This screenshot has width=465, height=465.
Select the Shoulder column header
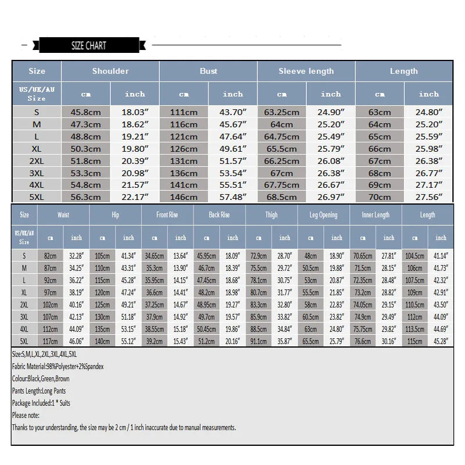point(110,71)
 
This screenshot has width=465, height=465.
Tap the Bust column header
point(208,71)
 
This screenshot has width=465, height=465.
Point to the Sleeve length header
point(306,71)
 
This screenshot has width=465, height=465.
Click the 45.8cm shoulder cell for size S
point(86,112)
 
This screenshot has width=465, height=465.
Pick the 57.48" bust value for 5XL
point(233,196)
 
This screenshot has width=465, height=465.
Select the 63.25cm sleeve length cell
point(282,112)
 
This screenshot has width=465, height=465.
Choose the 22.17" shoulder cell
point(135,196)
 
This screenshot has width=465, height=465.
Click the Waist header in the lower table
point(63,215)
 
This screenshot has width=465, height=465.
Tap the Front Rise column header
point(167,215)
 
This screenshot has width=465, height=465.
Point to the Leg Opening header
point(324,215)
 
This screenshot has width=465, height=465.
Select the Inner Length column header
point(375,215)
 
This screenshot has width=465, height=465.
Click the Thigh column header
point(271,215)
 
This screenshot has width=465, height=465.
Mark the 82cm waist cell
point(51,256)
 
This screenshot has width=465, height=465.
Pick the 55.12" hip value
point(128,341)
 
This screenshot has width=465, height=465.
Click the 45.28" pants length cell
point(441,341)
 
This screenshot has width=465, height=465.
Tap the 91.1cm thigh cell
point(259,341)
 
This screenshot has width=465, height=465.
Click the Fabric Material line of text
point(58,367)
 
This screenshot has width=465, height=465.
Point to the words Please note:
point(27,415)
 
